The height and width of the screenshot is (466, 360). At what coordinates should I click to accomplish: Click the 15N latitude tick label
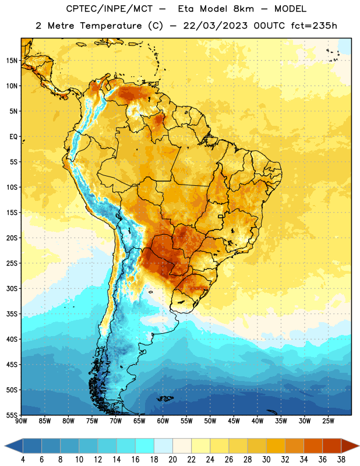(12, 61)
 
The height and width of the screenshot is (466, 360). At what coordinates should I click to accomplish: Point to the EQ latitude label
(13, 137)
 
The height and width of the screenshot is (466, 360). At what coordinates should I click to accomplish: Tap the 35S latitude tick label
(12, 314)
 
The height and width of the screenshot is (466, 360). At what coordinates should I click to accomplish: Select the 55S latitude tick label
(12, 415)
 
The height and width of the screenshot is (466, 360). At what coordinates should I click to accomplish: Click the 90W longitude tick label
(21, 421)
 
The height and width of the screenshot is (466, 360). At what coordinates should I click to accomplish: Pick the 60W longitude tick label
(163, 421)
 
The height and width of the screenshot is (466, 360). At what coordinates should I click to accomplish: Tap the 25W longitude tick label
(328, 421)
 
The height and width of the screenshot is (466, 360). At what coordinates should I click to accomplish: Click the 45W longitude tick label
(234, 421)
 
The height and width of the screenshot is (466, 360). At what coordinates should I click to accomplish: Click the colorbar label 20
(172, 460)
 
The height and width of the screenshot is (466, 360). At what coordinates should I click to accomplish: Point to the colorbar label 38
(341, 460)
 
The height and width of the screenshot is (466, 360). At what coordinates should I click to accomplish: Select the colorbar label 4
(23, 460)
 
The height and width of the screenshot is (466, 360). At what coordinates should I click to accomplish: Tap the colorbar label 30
(266, 460)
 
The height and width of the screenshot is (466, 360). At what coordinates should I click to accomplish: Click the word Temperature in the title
(111, 26)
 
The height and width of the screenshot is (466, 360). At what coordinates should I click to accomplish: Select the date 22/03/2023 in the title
(215, 26)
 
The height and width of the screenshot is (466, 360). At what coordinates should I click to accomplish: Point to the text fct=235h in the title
(314, 26)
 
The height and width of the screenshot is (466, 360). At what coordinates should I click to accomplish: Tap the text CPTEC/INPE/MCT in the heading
(109, 9)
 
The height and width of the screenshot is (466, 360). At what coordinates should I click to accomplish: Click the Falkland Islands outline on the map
(165, 398)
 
